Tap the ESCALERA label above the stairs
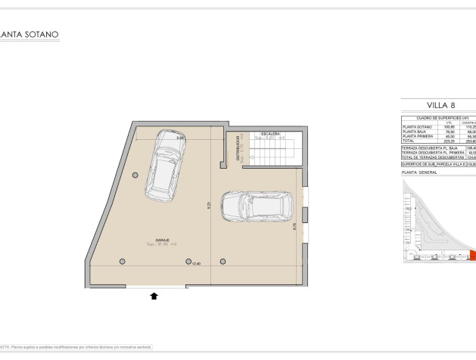tap(263, 134)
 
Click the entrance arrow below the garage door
tap(154, 296)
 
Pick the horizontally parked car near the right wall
tap(257, 206)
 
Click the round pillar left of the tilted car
tap(135, 175)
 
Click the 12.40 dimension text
tap(196, 264)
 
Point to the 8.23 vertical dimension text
tap(209, 204)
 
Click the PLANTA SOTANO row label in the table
tap(418, 126)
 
